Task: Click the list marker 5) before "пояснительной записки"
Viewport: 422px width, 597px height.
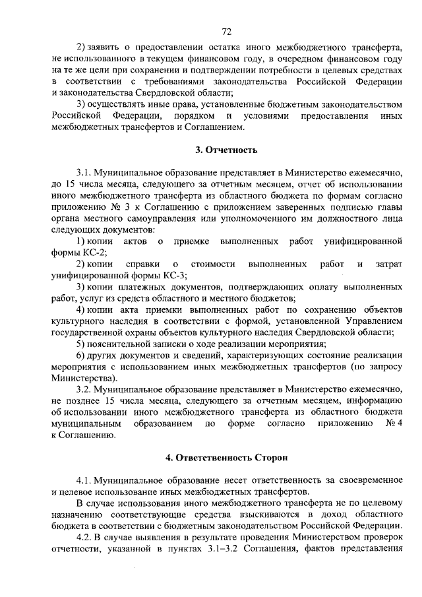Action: tap(82, 344)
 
